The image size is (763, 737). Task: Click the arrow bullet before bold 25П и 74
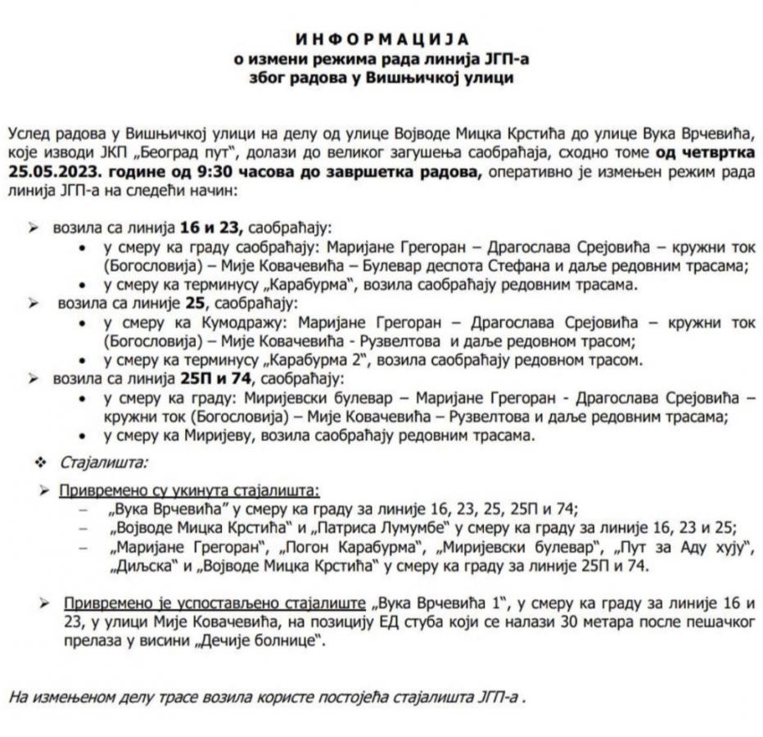pos(34,378)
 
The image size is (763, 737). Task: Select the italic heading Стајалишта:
pos(104,463)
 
